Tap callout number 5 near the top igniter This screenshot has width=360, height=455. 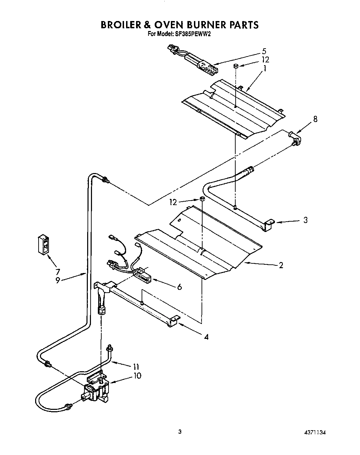(x=264, y=51)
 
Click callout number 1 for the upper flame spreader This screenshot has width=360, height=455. (x=264, y=68)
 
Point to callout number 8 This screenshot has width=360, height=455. (x=315, y=119)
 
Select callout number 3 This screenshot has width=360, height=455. (x=305, y=220)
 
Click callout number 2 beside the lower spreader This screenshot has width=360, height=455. (x=281, y=265)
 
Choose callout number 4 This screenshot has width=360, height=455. (x=206, y=337)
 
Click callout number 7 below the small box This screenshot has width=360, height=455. (x=58, y=271)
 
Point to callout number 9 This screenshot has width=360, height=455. (x=58, y=280)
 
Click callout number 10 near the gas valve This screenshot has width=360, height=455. (x=137, y=375)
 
